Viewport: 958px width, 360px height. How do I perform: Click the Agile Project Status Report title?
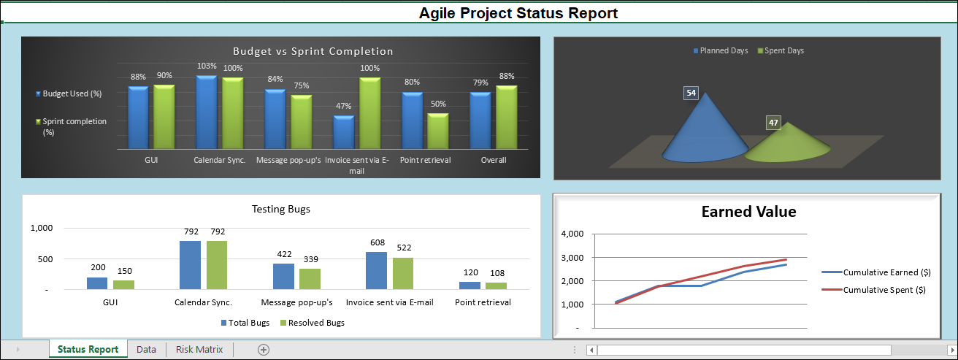(x=518, y=13)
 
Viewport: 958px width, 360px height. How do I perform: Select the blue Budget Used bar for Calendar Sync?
(x=206, y=112)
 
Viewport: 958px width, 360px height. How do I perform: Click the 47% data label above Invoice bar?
(x=343, y=106)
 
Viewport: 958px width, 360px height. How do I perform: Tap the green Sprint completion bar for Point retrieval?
(x=437, y=131)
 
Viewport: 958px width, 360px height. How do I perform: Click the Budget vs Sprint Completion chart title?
(x=313, y=51)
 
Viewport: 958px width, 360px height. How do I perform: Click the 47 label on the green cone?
(x=773, y=123)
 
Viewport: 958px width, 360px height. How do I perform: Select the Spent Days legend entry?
(x=783, y=50)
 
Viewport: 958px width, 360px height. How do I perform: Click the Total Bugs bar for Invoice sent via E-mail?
(x=376, y=270)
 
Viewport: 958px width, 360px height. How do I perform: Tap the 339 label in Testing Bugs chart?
(x=310, y=258)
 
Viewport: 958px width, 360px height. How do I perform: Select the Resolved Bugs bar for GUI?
(x=123, y=285)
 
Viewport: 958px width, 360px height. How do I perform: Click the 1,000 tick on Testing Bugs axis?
(x=42, y=228)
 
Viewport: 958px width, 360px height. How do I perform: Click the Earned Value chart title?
(x=748, y=212)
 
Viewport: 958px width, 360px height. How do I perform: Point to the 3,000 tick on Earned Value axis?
(x=573, y=258)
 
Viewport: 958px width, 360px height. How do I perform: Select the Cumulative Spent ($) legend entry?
(x=884, y=290)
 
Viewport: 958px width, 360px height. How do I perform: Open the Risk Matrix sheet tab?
(x=199, y=349)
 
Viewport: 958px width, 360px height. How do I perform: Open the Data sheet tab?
(x=146, y=349)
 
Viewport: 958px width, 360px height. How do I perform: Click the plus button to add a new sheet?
(x=264, y=349)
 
